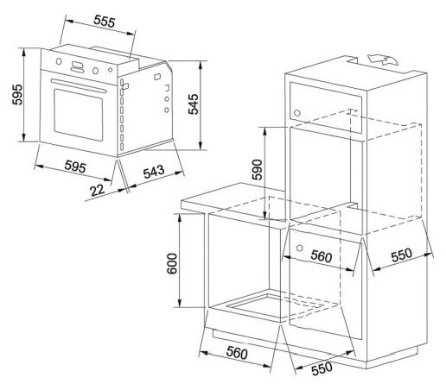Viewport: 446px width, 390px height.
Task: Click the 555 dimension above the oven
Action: (x=105, y=21)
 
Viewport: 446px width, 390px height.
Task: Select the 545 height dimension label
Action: (x=194, y=104)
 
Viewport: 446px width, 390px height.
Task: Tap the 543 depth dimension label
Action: (x=154, y=172)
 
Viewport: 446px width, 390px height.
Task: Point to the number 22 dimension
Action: (x=97, y=191)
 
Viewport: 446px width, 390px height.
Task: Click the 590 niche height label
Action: (x=257, y=169)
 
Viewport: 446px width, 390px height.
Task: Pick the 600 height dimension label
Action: (x=172, y=263)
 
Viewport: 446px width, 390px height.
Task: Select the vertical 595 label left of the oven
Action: (x=17, y=95)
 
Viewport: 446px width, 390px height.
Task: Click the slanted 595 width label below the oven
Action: (x=75, y=167)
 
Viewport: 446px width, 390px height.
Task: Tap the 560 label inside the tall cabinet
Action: (x=322, y=255)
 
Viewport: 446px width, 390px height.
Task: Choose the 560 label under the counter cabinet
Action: (x=237, y=353)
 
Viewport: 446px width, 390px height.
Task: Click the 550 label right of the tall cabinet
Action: (x=402, y=255)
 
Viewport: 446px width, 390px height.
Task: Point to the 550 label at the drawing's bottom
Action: (x=322, y=368)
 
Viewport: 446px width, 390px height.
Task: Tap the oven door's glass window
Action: (x=78, y=115)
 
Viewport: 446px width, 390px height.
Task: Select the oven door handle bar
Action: (x=79, y=86)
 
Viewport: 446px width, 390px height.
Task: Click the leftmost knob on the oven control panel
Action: (x=59, y=61)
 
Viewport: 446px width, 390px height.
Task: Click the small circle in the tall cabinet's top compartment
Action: (x=297, y=113)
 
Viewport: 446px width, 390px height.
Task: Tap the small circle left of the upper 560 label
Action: (x=299, y=248)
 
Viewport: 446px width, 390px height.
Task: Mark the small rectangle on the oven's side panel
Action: (x=157, y=77)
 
